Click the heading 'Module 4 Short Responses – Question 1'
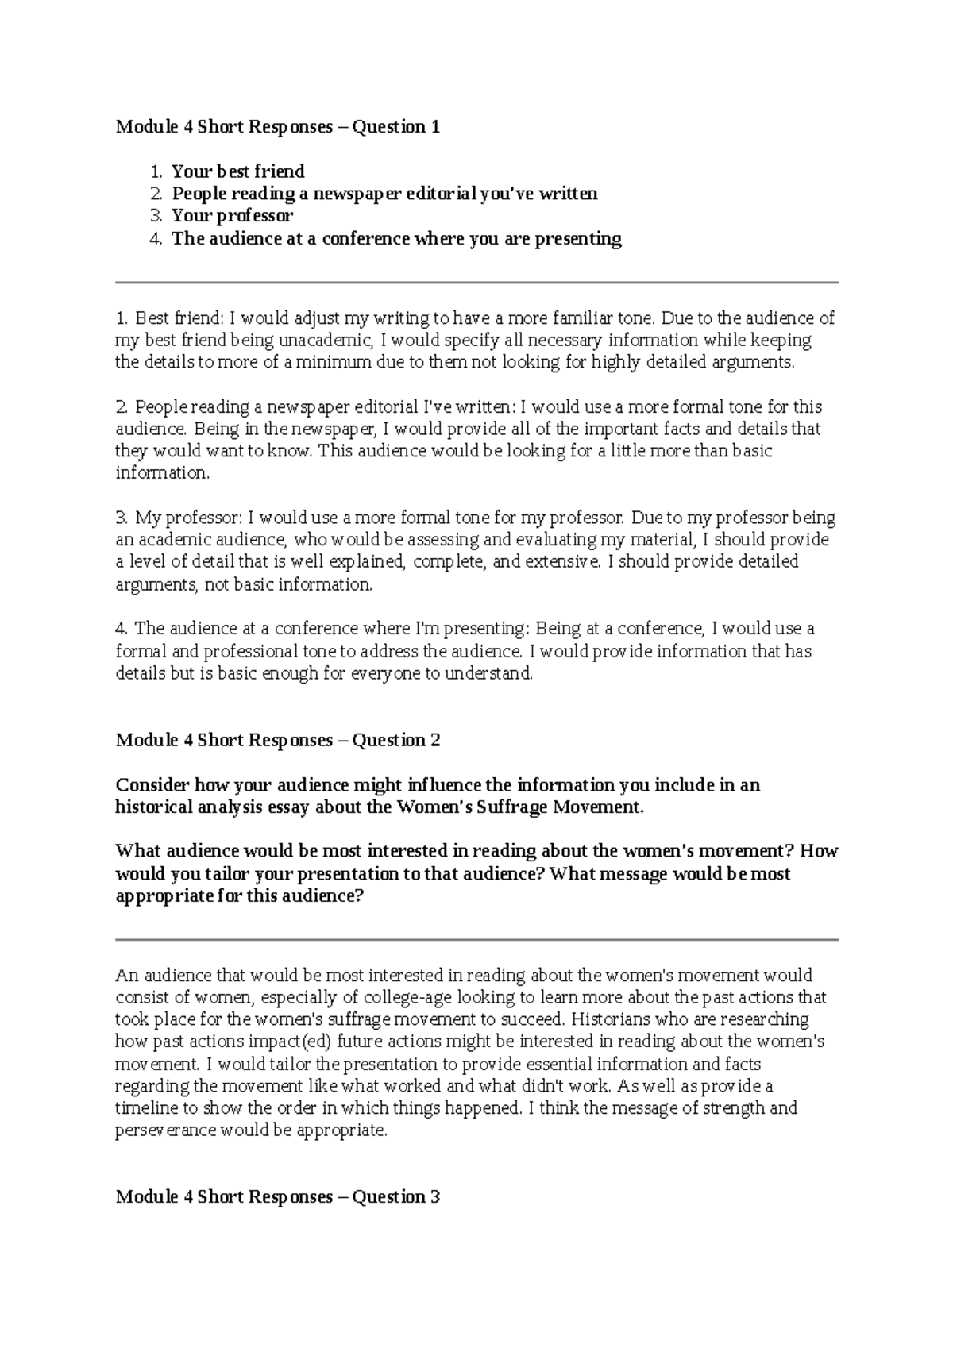point(277,127)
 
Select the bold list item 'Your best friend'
point(237,171)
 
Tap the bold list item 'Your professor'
point(232,216)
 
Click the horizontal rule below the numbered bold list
point(476,282)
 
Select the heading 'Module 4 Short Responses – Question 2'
point(277,741)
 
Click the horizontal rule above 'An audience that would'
point(476,940)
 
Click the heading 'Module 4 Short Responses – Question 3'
point(277,1197)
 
